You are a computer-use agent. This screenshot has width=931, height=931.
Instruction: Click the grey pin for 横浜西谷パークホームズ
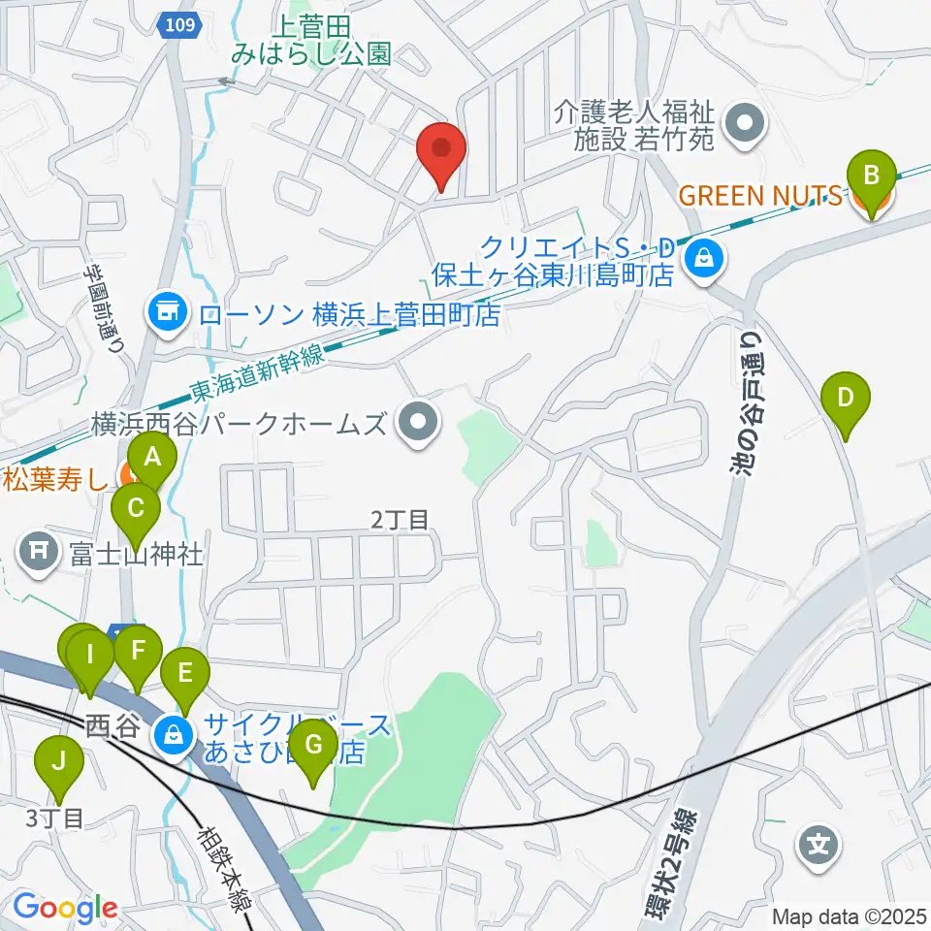click(419, 423)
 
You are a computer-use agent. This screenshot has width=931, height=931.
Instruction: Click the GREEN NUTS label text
click(759, 196)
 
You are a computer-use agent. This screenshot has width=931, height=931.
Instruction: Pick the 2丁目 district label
click(400, 520)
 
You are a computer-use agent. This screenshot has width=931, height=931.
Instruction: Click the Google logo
click(65, 908)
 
